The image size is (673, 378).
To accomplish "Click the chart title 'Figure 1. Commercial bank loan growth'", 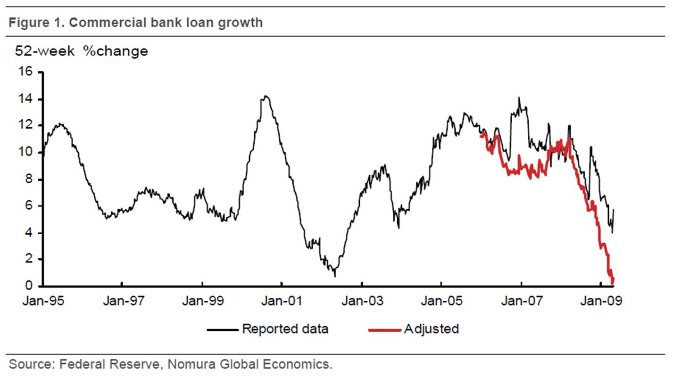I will pyautogui.click(x=135, y=22).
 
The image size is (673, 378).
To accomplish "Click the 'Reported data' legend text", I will pyautogui.click(x=285, y=329).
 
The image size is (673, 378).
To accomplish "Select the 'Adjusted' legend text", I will pyautogui.click(x=431, y=329).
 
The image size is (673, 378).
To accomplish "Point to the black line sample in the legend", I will pyautogui.click(x=223, y=329).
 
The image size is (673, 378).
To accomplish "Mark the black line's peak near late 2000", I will pyautogui.click(x=266, y=97).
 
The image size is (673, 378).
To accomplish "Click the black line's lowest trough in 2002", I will pyautogui.click(x=335, y=276).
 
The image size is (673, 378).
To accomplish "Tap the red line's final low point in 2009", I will pyautogui.click(x=613, y=283).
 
